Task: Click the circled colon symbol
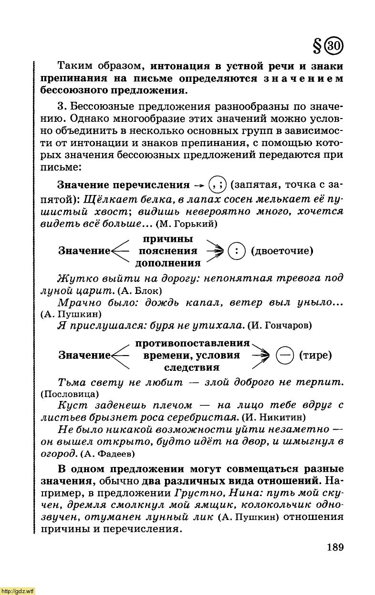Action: (x=236, y=251)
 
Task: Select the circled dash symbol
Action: (x=285, y=356)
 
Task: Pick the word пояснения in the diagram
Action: (x=168, y=251)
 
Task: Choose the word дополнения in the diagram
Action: (x=168, y=263)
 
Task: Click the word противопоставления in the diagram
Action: (x=193, y=344)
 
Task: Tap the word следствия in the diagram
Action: (x=192, y=368)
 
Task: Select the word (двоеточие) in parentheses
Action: (x=282, y=251)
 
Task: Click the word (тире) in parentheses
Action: (x=315, y=356)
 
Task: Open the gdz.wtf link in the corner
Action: (x=18, y=591)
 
